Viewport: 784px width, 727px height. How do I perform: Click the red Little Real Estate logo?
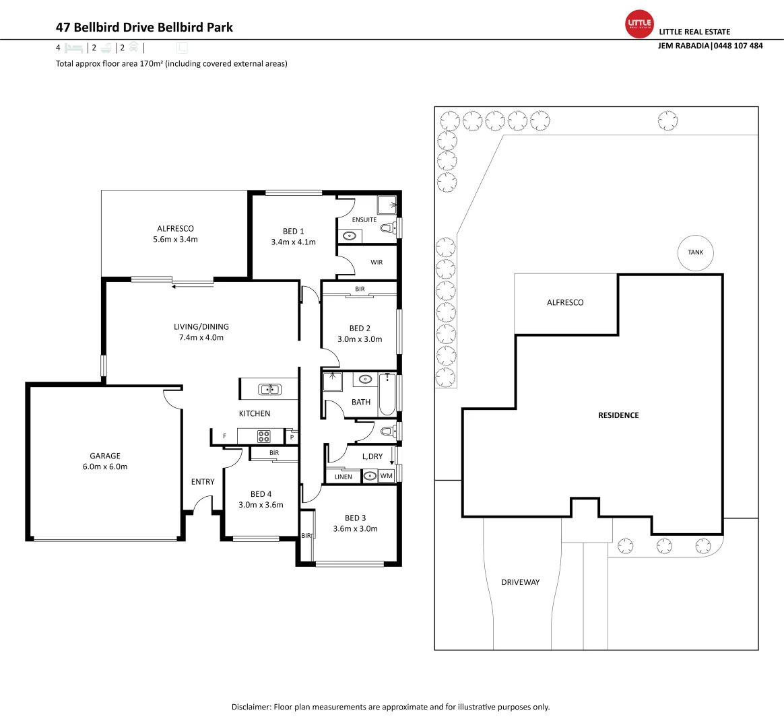pyautogui.click(x=639, y=24)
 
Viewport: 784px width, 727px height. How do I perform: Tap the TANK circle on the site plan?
pyautogui.click(x=695, y=252)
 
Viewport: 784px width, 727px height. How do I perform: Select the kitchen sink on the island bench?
pyautogui.click(x=269, y=389)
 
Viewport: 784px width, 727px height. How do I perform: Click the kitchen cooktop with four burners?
pyautogui.click(x=263, y=436)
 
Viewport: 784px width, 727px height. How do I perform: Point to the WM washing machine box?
pyautogui.click(x=386, y=476)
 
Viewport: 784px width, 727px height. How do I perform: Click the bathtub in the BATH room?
pyautogui.click(x=387, y=394)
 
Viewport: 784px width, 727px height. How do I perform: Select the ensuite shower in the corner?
pyautogui.click(x=387, y=205)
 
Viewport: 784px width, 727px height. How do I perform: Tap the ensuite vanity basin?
pyautogui.click(x=350, y=236)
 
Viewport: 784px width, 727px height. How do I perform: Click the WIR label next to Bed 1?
pyautogui.click(x=377, y=263)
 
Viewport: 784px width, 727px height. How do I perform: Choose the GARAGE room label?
pyautogui.click(x=105, y=456)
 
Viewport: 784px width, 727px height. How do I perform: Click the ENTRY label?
pyautogui.click(x=203, y=482)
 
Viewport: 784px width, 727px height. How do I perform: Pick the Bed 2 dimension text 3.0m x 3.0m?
pyautogui.click(x=360, y=339)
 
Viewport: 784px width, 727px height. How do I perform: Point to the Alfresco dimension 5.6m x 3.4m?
pyautogui.click(x=175, y=240)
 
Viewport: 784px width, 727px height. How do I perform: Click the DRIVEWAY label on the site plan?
pyautogui.click(x=521, y=582)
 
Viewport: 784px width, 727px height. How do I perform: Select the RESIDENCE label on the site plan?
pyautogui.click(x=618, y=415)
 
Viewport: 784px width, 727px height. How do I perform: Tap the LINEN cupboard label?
pyautogui.click(x=344, y=477)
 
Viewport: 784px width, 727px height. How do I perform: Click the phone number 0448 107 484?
pyautogui.click(x=738, y=46)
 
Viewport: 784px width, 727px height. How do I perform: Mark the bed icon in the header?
pyautogui.click(x=73, y=48)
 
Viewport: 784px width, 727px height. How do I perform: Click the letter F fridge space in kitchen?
pyautogui.click(x=224, y=436)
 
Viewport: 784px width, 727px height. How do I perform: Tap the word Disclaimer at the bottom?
pyautogui.click(x=251, y=707)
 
